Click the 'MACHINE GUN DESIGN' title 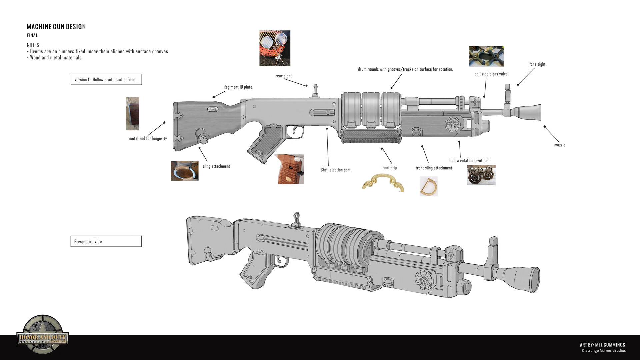56,27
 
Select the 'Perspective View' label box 106,241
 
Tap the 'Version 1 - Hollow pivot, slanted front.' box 106,79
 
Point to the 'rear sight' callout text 283,76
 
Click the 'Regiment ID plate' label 238,87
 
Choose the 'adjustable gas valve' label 491,74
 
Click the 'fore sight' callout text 537,64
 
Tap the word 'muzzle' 559,145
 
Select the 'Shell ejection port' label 335,170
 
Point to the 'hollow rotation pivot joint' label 469,161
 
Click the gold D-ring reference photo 428,186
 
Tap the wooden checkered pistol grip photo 289,169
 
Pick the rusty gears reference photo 481,175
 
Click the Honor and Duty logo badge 43,334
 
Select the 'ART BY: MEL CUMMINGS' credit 602,345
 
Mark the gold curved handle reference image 383,184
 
